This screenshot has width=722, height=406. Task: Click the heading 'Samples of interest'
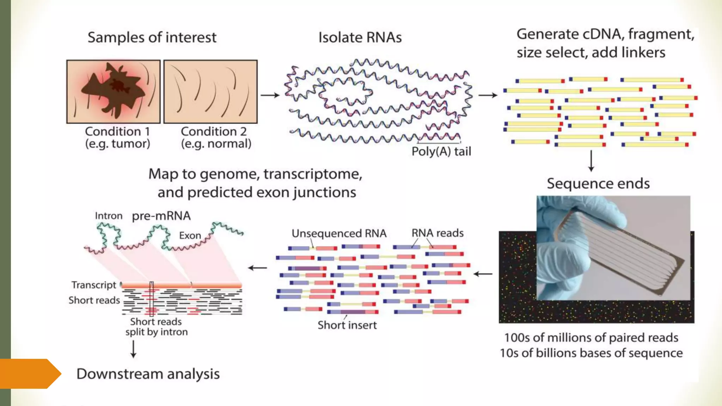pos(152,37)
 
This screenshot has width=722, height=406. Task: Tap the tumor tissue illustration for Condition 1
pos(113,91)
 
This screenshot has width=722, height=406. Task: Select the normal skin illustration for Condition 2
pos(210,91)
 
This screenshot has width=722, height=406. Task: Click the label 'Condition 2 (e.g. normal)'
pos(216,137)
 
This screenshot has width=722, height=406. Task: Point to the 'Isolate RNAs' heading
pos(360,37)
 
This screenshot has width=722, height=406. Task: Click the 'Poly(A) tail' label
pos(441,152)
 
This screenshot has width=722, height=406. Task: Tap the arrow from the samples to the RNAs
pos(270,95)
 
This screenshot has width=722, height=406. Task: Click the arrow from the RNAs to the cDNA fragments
pos(488,95)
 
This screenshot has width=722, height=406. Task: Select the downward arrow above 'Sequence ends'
pos(591,161)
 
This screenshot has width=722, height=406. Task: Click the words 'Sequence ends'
pos(598,184)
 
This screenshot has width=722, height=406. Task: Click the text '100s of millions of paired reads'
pos(591,338)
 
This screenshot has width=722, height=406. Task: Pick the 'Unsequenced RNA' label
pos(339,233)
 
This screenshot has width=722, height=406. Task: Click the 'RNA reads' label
pos(438,233)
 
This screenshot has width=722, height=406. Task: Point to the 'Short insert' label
pos(347,325)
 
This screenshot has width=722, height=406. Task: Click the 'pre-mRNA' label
pos(161,216)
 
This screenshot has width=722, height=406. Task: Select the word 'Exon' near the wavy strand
pos(190,235)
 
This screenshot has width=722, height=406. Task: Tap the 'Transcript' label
pos(94,285)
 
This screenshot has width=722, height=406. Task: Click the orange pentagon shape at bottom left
pos(28,374)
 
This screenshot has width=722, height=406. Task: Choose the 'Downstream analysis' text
pos(148,374)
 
